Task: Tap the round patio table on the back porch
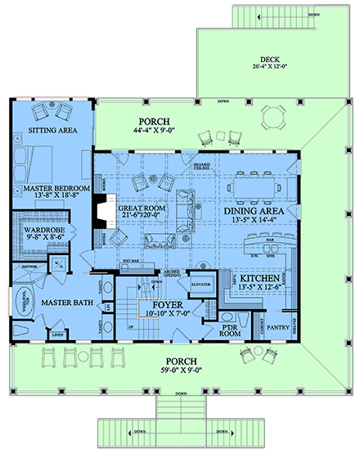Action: (x=271, y=118)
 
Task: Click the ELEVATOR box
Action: (x=200, y=285)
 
